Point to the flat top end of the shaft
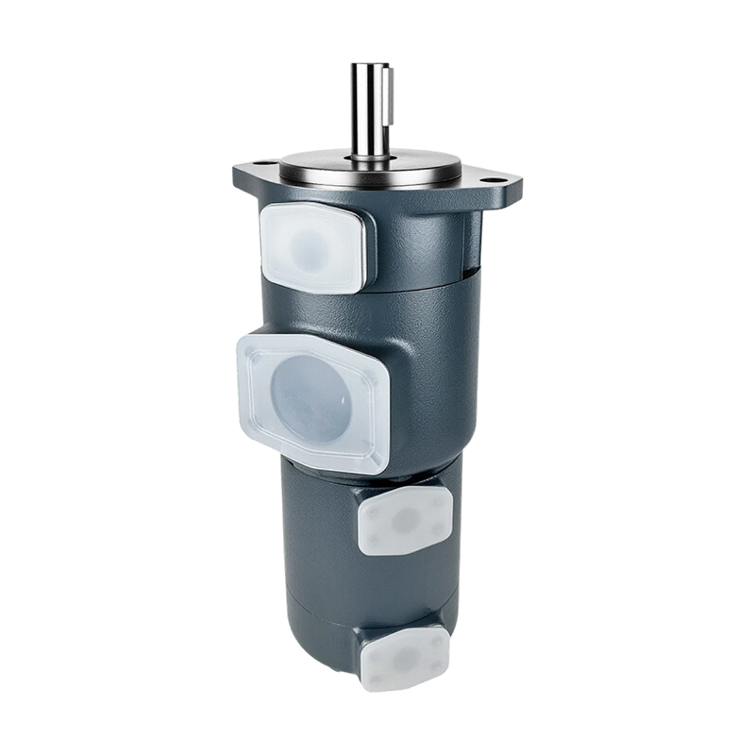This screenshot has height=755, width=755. click(x=371, y=66)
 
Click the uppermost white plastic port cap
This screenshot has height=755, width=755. click(x=311, y=246)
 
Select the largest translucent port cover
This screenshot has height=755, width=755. click(x=313, y=401)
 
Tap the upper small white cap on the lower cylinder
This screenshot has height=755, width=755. click(x=405, y=520)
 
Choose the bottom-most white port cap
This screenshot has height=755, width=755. click(x=405, y=657)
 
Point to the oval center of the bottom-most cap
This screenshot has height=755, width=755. click(x=405, y=655)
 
